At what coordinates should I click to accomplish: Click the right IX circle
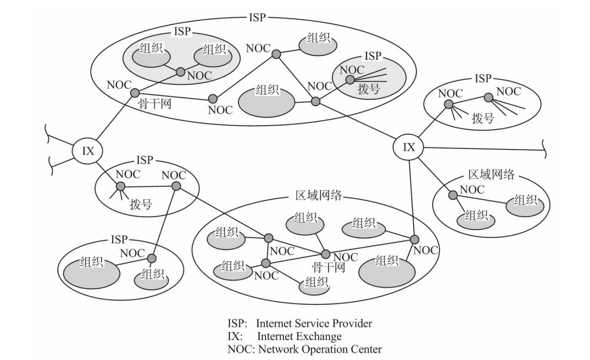409,147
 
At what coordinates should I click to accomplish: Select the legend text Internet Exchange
299,337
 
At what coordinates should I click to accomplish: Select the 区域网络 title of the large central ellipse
318,196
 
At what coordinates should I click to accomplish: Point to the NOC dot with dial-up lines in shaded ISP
350,80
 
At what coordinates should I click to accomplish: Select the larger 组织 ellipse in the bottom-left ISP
92,270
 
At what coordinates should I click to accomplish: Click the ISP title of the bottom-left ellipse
118,240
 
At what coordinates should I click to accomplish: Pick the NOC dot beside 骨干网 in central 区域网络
326,254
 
